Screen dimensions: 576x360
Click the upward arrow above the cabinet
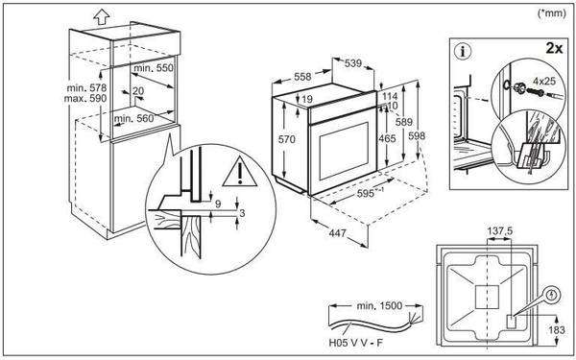pos(102,15)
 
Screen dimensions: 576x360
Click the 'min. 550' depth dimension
pos(153,68)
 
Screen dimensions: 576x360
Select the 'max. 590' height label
pos(84,99)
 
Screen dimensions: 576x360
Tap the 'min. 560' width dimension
pos(133,118)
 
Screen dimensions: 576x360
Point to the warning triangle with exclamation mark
pos(239,171)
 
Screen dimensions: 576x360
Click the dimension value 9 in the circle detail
pos(218,204)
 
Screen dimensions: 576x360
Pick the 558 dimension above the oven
pos(302,77)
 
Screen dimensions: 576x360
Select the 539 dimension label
pos(353,63)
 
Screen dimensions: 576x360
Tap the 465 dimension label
pos(387,138)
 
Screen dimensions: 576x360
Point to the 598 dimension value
pos(417,136)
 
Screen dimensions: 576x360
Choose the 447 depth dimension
pos(337,233)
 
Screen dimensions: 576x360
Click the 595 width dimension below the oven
pos(369,194)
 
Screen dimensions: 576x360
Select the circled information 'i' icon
pos(463,52)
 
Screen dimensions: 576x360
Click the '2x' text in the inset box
pos(554,48)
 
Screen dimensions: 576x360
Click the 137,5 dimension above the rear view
pos(499,231)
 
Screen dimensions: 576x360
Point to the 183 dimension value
pos(557,330)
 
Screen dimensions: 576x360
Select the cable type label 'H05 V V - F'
pos(355,345)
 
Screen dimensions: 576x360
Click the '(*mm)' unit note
pos(552,13)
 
